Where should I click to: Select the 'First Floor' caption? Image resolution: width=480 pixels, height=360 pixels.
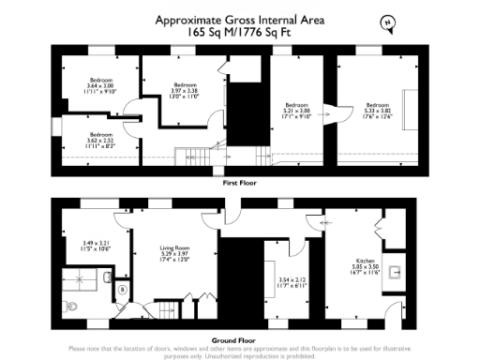click(241, 185)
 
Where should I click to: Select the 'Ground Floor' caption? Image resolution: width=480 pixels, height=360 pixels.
click(241, 340)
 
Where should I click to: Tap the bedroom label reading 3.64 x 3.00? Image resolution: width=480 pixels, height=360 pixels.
click(100, 85)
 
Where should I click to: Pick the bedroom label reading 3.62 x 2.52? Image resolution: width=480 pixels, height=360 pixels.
click(100, 141)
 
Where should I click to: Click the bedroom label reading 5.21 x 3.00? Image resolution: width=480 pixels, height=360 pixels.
click(296, 111)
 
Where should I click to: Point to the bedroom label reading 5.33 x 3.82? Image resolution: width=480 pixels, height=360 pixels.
click(377, 111)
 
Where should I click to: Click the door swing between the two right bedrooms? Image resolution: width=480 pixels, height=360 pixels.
click(330, 112)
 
